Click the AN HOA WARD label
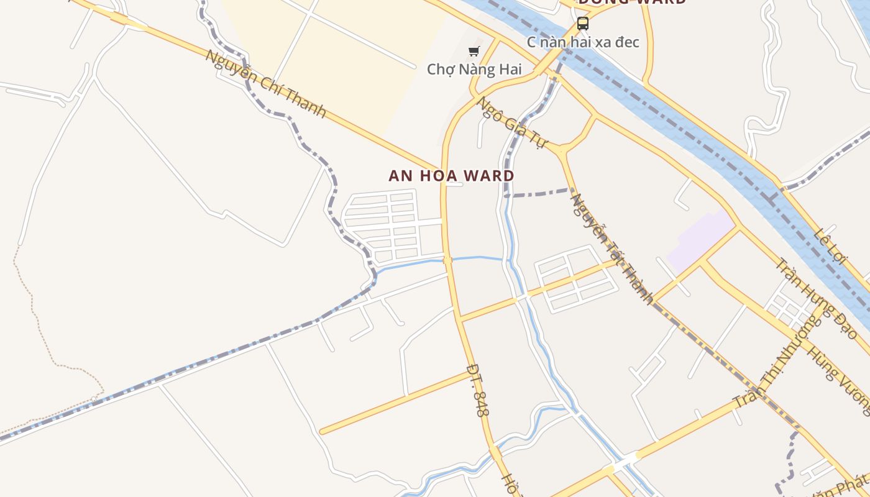tap(452, 176)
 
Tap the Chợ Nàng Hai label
tap(474, 69)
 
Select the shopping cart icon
tap(474, 51)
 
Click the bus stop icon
tap(582, 24)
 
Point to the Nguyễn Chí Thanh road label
tap(265, 83)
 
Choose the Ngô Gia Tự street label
tap(511, 122)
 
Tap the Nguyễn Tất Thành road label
tap(611, 249)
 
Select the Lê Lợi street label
tap(830, 245)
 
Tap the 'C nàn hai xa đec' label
tap(582, 42)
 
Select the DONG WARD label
tap(632, 2)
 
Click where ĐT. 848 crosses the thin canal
tap(447, 260)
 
